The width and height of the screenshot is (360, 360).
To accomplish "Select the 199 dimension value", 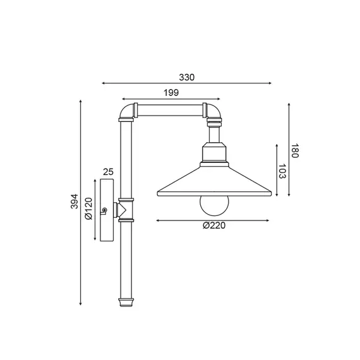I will (170, 93).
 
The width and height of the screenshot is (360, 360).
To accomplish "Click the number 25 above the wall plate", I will (107, 172).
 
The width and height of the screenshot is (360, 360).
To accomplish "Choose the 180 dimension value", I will (295, 152).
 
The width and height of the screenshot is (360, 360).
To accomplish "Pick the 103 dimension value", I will (282, 172).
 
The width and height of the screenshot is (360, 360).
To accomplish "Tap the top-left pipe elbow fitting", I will (126, 113).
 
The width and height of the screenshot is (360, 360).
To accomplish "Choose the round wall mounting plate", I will (105, 210).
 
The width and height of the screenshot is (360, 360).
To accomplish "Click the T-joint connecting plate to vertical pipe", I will (124, 209).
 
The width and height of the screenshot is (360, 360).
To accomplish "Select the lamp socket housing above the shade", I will (215, 153).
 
